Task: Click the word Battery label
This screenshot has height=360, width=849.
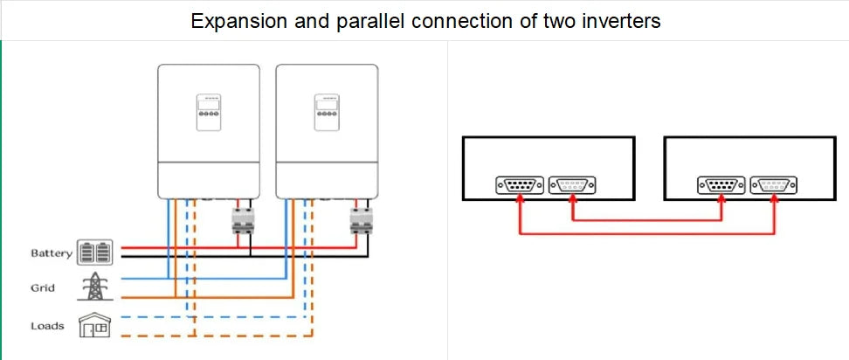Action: coord(51,253)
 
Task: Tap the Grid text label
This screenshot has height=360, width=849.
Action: coord(43,288)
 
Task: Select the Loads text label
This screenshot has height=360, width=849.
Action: coord(47,326)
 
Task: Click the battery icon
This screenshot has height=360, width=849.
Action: coord(95,253)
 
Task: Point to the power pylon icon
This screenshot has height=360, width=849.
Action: coord(95,287)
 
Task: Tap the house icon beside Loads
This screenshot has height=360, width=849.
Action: coord(94,325)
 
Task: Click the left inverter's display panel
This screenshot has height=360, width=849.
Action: coord(209,113)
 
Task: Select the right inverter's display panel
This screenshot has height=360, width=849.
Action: coord(327,113)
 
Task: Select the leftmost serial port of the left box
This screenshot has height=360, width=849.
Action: coord(519,186)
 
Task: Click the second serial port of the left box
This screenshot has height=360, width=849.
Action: coord(572,186)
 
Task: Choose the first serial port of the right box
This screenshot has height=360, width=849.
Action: coord(721,186)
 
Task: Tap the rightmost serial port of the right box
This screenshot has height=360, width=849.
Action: coord(773,186)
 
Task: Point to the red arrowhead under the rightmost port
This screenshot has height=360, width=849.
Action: coord(774,198)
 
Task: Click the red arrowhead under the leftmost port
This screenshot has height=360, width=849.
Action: coord(520,198)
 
